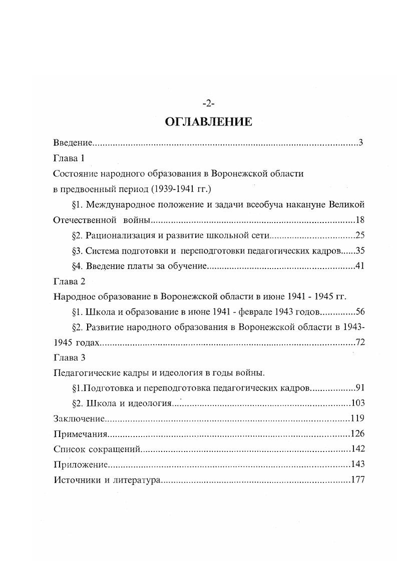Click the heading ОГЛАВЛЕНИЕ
pyautogui.click(x=208, y=121)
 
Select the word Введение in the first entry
pyautogui.click(x=72, y=142)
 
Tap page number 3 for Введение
pyautogui.click(x=360, y=142)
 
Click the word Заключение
pyautogui.click(x=79, y=418)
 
